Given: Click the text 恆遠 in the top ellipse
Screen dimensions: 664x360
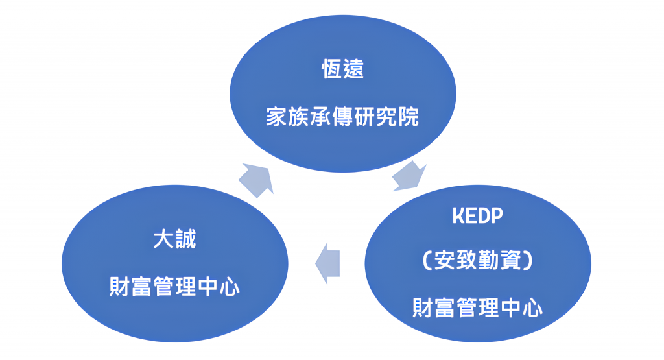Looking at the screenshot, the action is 342,69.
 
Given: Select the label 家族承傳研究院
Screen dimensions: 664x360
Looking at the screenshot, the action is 342,117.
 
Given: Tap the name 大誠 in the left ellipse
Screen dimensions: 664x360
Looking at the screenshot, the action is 175,239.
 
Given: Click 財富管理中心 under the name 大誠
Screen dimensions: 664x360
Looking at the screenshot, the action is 175,287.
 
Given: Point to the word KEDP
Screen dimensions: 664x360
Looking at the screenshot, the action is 478,216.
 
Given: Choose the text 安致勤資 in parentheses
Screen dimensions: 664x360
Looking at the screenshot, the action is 478,260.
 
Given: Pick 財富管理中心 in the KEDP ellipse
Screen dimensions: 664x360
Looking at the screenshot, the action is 478,307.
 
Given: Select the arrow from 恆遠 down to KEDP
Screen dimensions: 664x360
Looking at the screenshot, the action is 409,176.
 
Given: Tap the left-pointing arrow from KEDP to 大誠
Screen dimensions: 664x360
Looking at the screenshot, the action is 327,263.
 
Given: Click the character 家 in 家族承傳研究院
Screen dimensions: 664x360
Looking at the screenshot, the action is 277,117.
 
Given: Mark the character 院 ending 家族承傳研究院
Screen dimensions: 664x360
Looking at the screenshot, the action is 409,117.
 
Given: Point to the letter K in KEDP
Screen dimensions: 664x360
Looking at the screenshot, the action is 458,216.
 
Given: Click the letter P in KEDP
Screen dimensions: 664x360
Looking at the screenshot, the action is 497,216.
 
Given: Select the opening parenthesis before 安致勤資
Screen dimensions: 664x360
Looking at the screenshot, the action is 427,260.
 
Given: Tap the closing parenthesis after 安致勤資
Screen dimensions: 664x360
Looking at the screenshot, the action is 528,260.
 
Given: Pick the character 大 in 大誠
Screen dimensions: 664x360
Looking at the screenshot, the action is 164,239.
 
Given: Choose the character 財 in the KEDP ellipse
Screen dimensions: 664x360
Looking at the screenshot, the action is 423,307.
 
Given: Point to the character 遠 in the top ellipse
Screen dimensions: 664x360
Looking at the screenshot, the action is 353,69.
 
